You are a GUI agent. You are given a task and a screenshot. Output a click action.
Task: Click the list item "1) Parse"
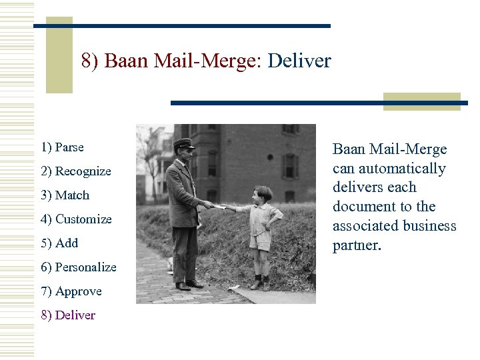pos(62,147)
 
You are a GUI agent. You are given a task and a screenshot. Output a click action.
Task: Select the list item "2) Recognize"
pos(75,171)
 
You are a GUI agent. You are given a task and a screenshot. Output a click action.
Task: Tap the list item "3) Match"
pos(65,195)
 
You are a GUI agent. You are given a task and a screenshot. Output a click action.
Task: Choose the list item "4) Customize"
pos(76,219)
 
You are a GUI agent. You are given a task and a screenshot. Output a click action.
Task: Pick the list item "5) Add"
pos(59,243)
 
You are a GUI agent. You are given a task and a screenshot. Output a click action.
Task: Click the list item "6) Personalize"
pos(78,267)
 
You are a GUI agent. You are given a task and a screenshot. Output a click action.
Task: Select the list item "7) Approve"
pos(71,291)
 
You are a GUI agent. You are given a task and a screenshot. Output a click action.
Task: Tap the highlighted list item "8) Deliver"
pos(68,315)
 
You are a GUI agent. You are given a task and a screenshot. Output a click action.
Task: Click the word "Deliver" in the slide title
pos(299,62)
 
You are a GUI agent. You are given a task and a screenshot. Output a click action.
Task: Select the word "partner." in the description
pos(357,245)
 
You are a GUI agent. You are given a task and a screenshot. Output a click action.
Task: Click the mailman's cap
pos(183,143)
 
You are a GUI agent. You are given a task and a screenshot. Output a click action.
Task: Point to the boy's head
pos(263,195)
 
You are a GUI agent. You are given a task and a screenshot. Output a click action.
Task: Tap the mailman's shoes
pos(189,285)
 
